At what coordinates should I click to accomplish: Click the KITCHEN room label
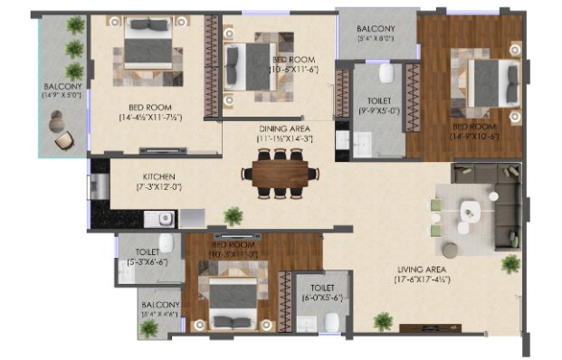coord(157,176)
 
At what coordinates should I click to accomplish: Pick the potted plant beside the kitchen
coord(234,215)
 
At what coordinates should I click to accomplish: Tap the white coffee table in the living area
coord(471,213)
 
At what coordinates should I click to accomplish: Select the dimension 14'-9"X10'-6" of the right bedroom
coord(477,137)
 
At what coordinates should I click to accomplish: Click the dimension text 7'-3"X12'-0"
coord(157,187)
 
